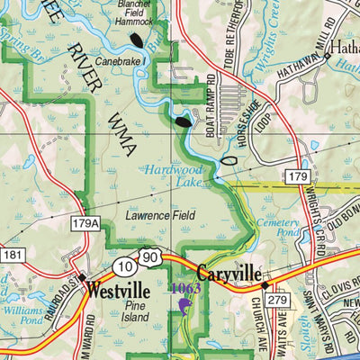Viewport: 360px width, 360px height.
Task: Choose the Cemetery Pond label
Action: pos(277,228)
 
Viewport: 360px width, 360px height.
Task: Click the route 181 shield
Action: pos(10,256)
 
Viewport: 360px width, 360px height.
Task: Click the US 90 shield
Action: pos(148,258)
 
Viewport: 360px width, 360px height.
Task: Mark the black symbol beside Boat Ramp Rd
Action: pos(183,119)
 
